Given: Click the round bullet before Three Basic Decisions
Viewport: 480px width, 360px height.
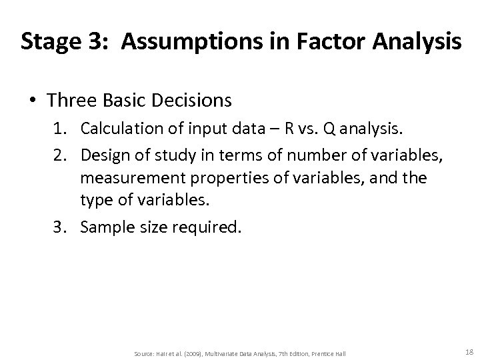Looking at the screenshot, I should pos(31,101).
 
